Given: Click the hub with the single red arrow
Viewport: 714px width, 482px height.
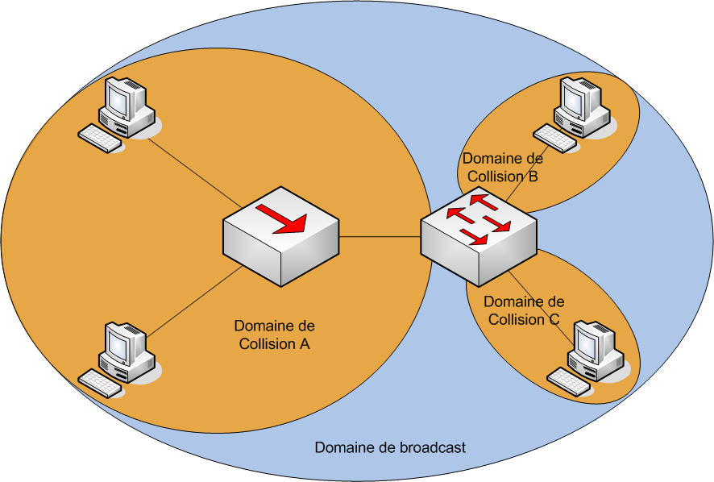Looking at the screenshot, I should (281, 235).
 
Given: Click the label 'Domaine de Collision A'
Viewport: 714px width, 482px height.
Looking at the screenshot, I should (274, 334).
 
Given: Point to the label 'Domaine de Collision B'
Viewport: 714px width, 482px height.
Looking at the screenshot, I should (501, 167).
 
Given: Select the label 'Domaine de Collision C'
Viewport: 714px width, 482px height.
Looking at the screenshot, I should (524, 310).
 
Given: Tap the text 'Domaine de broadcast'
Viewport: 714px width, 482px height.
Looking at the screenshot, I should (390, 447).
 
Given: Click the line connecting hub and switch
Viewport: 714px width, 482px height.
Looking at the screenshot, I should (380, 237).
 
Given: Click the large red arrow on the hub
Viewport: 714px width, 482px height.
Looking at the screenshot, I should (281, 218).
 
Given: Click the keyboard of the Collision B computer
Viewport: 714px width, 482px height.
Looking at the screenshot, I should (555, 137).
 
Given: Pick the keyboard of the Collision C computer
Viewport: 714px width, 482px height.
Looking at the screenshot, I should (568, 381).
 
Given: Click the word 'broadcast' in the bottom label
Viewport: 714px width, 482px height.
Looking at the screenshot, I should (432, 447).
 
